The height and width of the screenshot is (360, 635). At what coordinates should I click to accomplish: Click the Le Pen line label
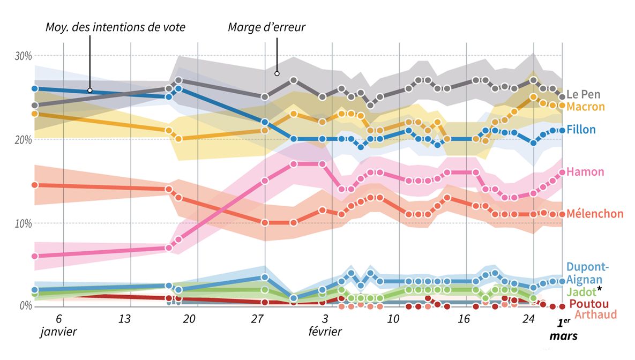(x=584, y=94)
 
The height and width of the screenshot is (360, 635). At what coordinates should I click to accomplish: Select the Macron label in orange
(x=585, y=107)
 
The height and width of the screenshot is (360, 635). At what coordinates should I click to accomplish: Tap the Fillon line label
(x=581, y=130)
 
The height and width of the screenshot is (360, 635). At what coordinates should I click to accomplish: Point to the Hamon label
(x=585, y=172)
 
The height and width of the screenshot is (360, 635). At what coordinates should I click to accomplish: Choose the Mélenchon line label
(x=595, y=214)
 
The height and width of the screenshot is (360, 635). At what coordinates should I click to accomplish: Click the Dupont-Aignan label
(x=587, y=273)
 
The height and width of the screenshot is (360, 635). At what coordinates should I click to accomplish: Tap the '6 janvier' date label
(x=58, y=325)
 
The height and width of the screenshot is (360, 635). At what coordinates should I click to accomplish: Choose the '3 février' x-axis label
(x=325, y=325)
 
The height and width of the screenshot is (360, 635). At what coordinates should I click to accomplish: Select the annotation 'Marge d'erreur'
(x=266, y=27)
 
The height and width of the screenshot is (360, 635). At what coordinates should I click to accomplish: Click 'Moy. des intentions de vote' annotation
(x=115, y=27)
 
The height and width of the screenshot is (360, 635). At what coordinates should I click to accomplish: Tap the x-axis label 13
(x=124, y=319)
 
